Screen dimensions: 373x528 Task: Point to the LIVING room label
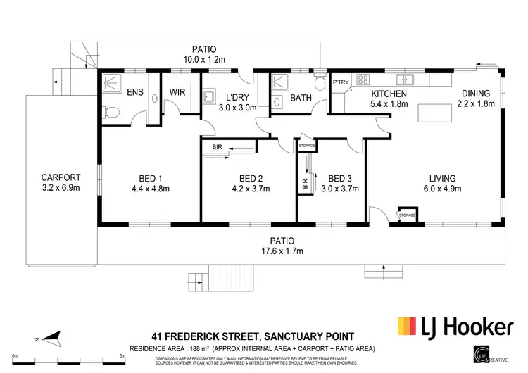point(444,177)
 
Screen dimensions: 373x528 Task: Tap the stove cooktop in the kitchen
point(365,79)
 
